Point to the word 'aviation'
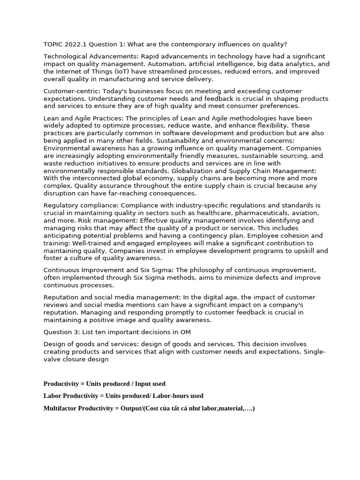306,213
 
